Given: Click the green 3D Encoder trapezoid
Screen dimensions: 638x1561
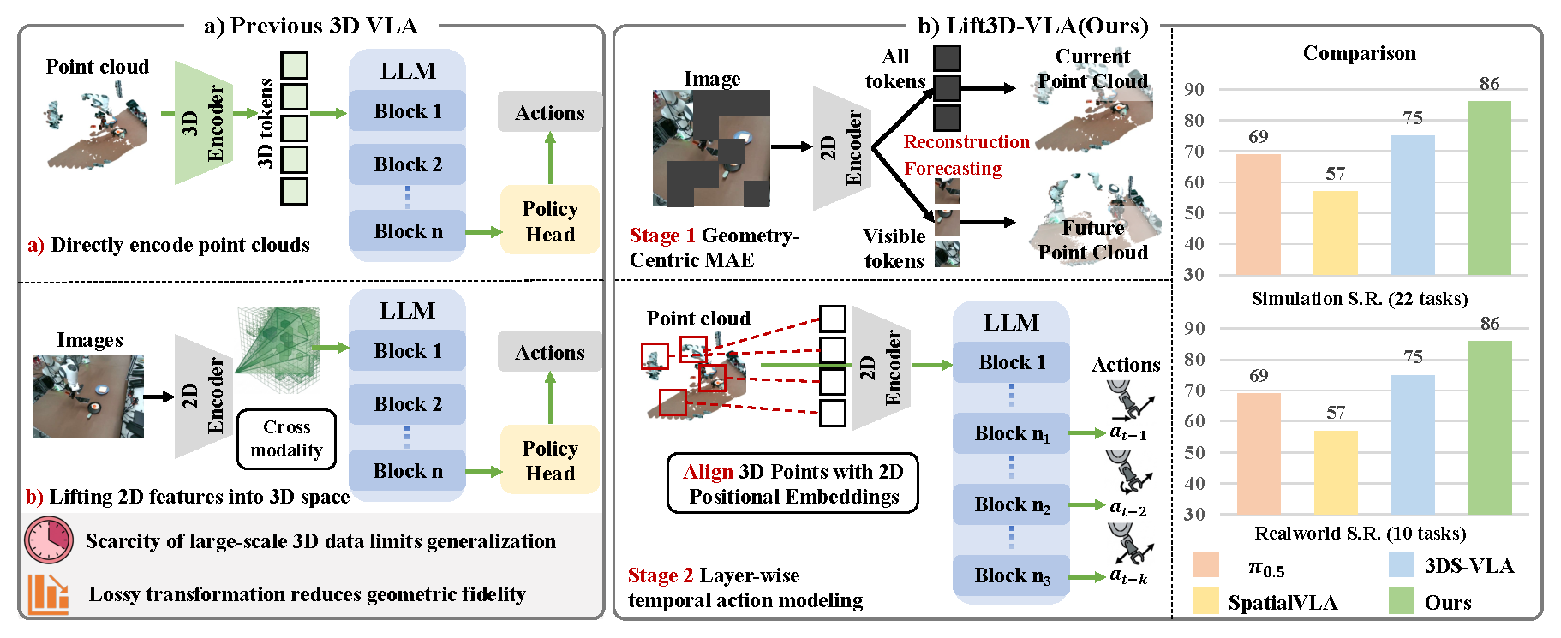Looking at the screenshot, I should point(203,122).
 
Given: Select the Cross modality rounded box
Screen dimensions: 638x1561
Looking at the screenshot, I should point(286,439).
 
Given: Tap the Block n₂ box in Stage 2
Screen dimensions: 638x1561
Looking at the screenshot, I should point(1011,504).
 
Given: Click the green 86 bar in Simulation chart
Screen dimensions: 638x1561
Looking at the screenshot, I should point(1489,188).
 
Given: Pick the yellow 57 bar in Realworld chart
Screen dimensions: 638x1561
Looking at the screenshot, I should point(1335,472).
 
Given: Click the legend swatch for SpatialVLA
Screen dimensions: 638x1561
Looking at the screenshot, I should point(1205,601).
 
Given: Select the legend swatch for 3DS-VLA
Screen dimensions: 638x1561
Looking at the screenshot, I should point(1401,565).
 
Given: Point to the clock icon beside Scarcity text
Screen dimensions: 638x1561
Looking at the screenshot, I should point(49,540).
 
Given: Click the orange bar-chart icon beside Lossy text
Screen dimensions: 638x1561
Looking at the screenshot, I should point(48,594).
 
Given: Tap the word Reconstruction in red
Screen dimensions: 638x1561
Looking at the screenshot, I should point(966,142).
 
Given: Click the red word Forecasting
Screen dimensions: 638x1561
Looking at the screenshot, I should point(953,169).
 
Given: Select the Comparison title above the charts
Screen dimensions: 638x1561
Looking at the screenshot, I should point(1359,53).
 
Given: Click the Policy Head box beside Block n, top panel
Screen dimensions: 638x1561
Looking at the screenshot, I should point(549,221).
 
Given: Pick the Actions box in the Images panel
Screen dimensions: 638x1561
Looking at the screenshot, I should point(549,352).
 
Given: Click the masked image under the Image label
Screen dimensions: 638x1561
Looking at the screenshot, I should point(710,148).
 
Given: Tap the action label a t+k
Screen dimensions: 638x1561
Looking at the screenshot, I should point(1127,576).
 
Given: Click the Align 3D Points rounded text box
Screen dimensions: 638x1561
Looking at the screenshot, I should point(792,484).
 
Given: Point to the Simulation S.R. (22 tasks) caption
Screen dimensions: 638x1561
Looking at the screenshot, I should point(1359,299).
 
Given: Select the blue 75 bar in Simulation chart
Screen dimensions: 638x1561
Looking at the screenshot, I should point(1412,205).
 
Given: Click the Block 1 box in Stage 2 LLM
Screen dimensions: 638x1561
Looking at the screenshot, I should point(1011,362).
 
